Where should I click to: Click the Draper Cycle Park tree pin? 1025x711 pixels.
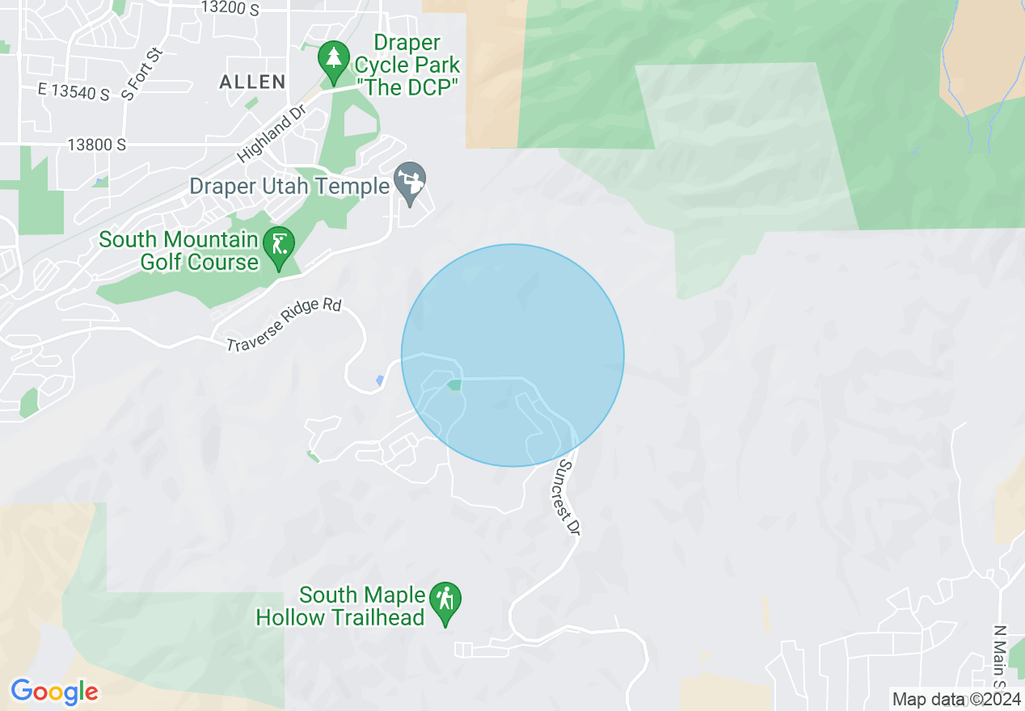click(x=332, y=57)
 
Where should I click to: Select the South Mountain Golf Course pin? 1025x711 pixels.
click(x=280, y=245)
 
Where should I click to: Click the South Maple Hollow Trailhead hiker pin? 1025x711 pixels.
click(x=445, y=601)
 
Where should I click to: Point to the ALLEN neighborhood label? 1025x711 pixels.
click(x=252, y=82)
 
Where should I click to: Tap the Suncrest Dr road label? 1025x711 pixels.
click(x=569, y=498)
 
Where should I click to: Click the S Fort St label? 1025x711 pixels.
click(x=142, y=74)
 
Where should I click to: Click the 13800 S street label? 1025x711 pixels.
click(x=97, y=145)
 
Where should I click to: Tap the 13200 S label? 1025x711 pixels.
click(x=230, y=7)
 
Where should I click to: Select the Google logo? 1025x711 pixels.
click(x=54, y=692)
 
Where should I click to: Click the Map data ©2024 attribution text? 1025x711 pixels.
click(x=955, y=699)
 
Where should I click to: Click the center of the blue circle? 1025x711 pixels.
click(x=512, y=355)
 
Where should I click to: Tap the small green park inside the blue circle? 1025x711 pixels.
click(x=454, y=385)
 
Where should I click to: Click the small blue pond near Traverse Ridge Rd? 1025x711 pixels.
click(x=380, y=380)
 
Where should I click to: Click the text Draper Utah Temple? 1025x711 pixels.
click(x=289, y=187)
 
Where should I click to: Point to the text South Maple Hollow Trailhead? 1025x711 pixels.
click(x=341, y=607)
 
